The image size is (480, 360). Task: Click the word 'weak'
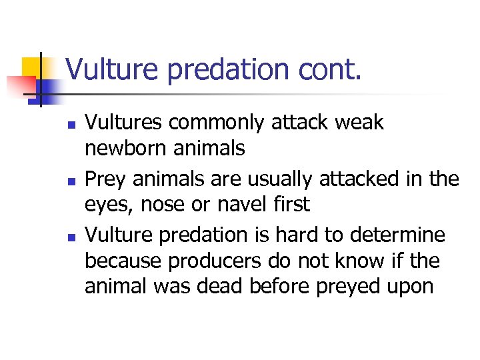point(359,123)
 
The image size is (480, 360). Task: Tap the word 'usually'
point(272,179)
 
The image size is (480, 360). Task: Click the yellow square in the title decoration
point(32,67)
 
